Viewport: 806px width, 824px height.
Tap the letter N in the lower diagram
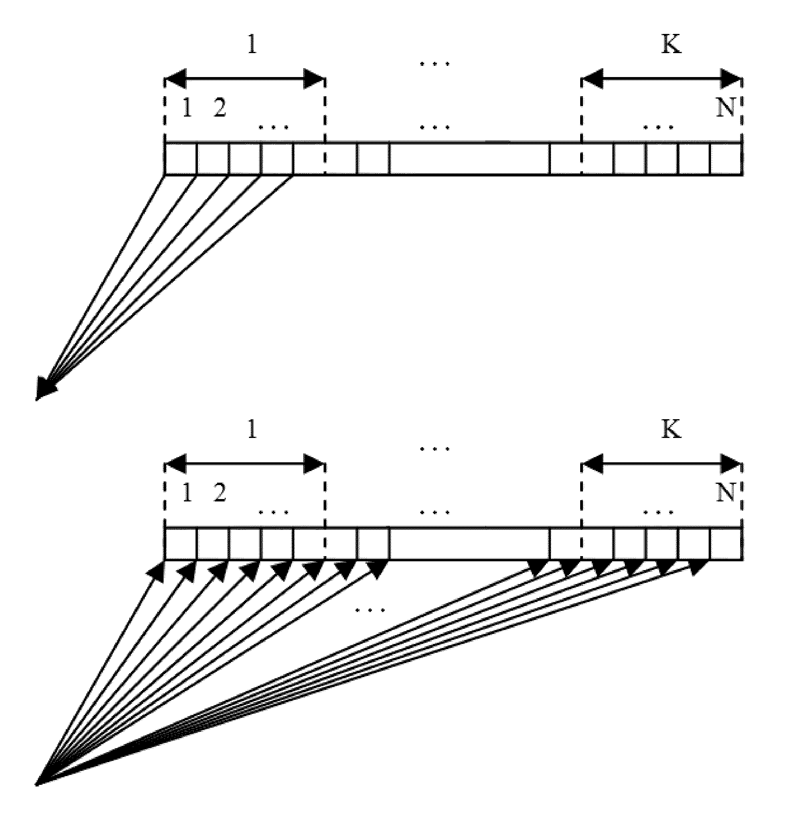(726, 493)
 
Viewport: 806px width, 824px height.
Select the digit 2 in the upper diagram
(219, 108)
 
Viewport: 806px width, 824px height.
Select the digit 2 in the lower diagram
(219, 493)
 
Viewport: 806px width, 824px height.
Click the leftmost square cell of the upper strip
(181, 158)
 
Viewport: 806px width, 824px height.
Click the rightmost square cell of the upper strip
(726, 158)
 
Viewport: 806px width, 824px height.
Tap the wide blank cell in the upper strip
(469, 158)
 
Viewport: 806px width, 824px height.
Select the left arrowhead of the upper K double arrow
(592, 79)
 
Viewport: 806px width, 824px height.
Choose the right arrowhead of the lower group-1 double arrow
(314, 464)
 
